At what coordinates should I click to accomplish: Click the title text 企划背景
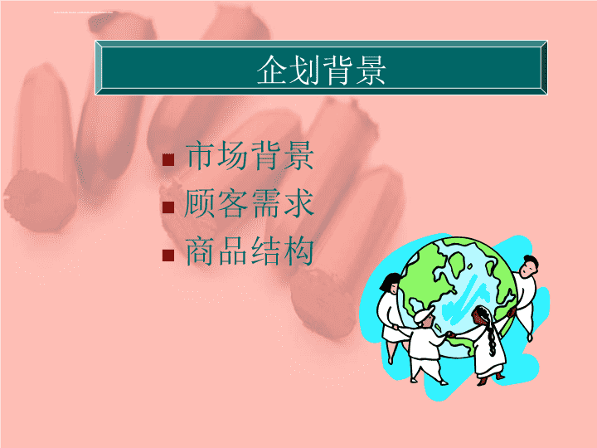point(322,70)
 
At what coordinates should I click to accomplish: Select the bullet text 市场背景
point(250,155)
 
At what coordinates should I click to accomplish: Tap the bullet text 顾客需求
point(249,203)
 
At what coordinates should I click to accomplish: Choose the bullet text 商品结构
point(250,251)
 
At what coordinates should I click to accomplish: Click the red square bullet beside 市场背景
point(167,159)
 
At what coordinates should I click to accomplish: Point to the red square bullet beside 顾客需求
point(167,207)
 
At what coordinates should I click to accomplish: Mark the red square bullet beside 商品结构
point(167,256)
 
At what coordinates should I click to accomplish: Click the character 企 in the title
point(272,70)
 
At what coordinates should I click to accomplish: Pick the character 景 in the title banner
point(371,70)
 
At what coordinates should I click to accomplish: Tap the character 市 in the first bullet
point(201,155)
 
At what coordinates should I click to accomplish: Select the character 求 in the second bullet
point(298,203)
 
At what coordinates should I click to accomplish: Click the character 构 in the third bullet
point(298,251)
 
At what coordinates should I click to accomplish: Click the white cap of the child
point(424,314)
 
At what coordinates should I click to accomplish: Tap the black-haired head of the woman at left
point(390,283)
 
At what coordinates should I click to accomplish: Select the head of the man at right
point(528,266)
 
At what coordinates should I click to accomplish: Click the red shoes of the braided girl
point(491,379)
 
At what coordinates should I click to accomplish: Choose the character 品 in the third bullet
point(233,251)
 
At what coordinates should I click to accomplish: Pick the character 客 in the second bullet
point(233,203)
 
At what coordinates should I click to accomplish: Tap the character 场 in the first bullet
point(233,155)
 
